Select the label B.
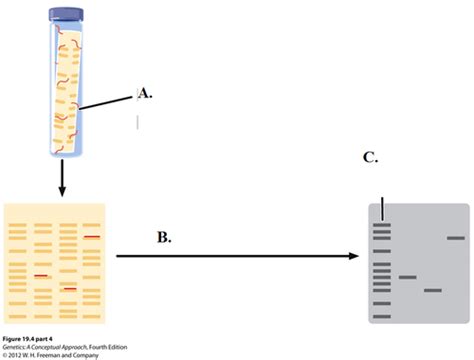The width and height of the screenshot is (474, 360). coord(164,238)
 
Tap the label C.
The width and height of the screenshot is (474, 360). coord(370,158)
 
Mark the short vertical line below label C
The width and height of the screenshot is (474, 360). coord(383,209)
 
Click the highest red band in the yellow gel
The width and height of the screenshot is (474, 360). coord(92,236)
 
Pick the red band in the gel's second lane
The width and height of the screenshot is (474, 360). coord(42,275)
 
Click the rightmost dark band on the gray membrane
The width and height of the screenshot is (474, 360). coord(456,237)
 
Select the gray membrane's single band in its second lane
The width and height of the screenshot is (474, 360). coord(407,277)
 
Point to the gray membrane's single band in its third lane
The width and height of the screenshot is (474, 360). coord(432,291)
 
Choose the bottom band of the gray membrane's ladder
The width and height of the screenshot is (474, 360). coord(382,311)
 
